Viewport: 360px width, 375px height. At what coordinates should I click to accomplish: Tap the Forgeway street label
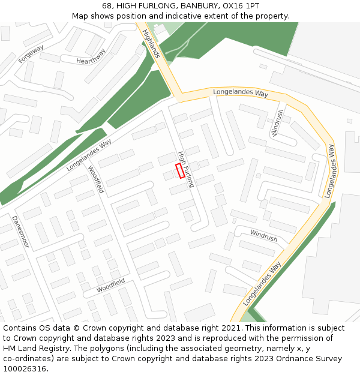31,55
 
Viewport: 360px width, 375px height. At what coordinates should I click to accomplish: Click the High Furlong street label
187,169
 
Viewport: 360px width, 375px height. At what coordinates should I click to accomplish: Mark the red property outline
180,170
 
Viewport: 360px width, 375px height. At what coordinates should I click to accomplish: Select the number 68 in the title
107,6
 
